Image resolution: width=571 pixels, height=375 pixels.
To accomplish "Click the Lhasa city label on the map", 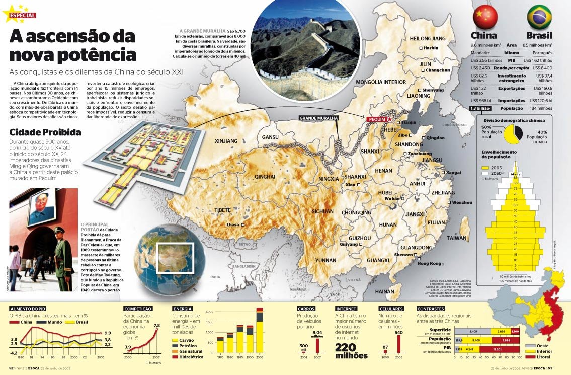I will [233, 224].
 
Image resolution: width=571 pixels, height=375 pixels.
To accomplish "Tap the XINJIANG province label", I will [226, 141].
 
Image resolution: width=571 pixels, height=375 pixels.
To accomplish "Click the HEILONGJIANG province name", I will [428, 38].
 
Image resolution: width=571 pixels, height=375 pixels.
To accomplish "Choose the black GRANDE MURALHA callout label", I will [318, 118].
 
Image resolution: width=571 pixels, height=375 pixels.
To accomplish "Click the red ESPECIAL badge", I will [22, 15].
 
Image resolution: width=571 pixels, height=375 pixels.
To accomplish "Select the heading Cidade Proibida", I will [45, 133].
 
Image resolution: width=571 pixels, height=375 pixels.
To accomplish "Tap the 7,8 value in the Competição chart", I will [156, 326].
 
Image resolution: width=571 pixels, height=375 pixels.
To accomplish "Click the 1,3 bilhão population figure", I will [480, 108].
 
